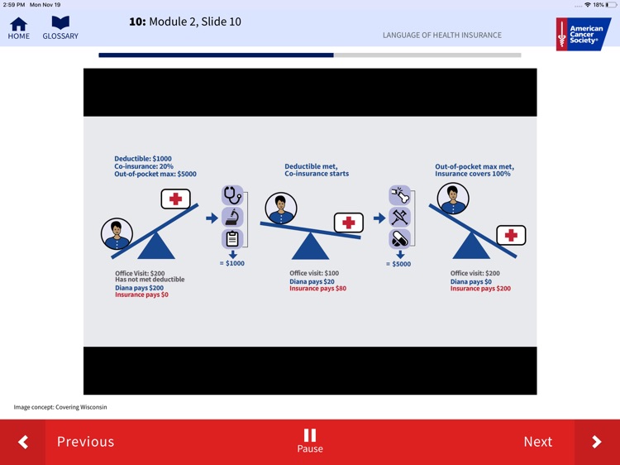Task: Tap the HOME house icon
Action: pos(18,24)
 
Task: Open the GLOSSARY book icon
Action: pos(60,22)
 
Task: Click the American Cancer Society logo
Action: pos(584,34)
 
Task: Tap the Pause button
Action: pos(310,440)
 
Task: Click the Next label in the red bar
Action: pos(538,442)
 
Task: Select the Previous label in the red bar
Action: pos(85,442)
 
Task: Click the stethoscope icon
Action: pos(232,195)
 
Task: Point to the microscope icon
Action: pos(232,218)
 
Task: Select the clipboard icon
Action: pos(232,239)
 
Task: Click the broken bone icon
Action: pos(400,195)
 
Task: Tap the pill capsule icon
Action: pos(400,239)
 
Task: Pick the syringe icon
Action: pos(400,218)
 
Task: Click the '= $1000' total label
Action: pos(232,264)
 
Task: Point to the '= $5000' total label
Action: pos(398,264)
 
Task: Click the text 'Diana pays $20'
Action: pos(312,282)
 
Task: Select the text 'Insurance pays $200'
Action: pos(480,289)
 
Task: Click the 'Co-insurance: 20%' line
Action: pos(144,166)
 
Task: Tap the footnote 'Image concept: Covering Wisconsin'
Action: pos(60,407)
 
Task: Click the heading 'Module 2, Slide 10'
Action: pos(195,22)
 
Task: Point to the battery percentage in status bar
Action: pos(599,5)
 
